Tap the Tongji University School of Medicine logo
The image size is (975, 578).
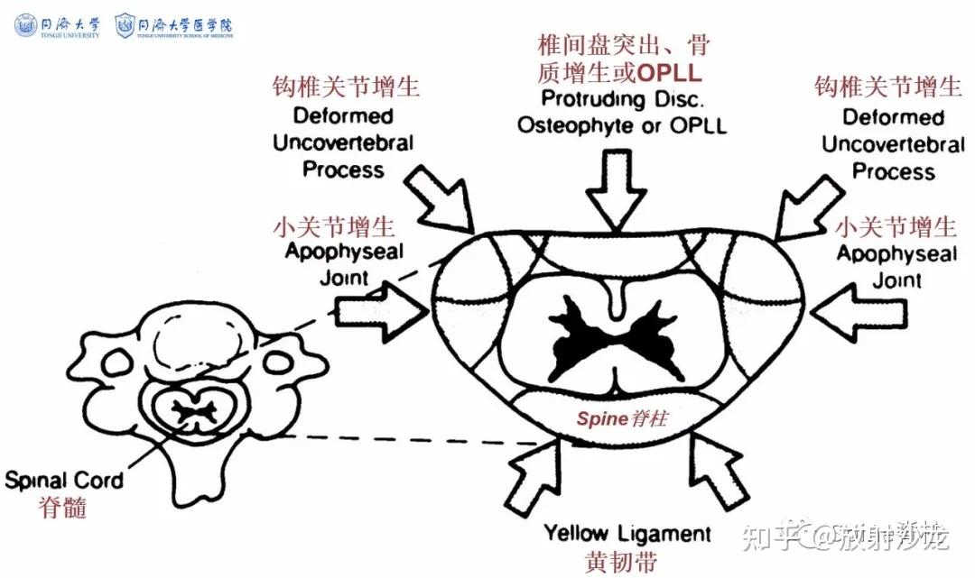[x=175, y=25]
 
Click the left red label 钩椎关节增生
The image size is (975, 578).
[x=347, y=87]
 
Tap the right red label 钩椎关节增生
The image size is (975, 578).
[x=888, y=87]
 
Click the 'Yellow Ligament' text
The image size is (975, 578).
[x=628, y=532]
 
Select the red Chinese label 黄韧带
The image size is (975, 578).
[x=622, y=559]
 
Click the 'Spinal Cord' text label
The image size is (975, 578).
[x=63, y=480]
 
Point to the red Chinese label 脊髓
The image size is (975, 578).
[x=63, y=507]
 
